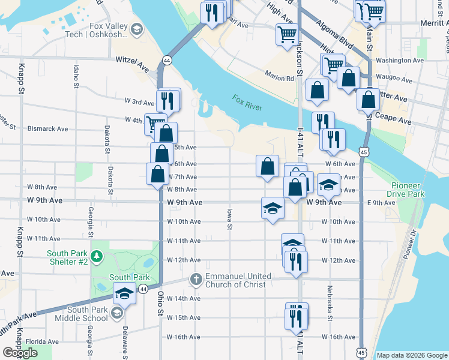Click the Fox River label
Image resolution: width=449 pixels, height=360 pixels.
pyautogui.click(x=248, y=103)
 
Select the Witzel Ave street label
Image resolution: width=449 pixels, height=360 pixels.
pyautogui.click(x=132, y=61)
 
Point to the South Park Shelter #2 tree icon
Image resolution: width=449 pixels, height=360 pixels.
pyautogui.click(x=97, y=257)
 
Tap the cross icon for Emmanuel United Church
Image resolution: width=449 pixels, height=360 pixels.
pyautogui.click(x=194, y=280)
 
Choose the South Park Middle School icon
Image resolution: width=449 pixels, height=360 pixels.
pyautogui.click(x=117, y=313)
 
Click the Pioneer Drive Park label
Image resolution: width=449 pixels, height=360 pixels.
pyautogui.click(x=408, y=190)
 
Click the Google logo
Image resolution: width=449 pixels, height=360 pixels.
pyautogui.click(x=20, y=353)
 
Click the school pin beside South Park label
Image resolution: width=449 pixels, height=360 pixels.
pyautogui.click(x=124, y=293)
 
